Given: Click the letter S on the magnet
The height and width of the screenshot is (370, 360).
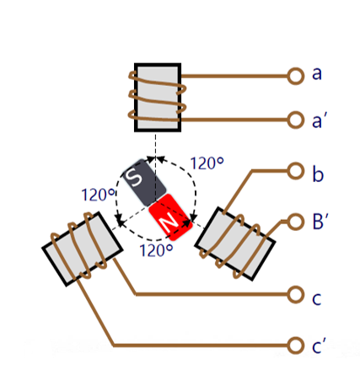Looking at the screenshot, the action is pos(133,177).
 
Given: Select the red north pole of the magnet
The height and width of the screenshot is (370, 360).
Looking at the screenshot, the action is pos(170,217).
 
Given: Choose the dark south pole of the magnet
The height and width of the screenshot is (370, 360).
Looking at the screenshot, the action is pos(144,183).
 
